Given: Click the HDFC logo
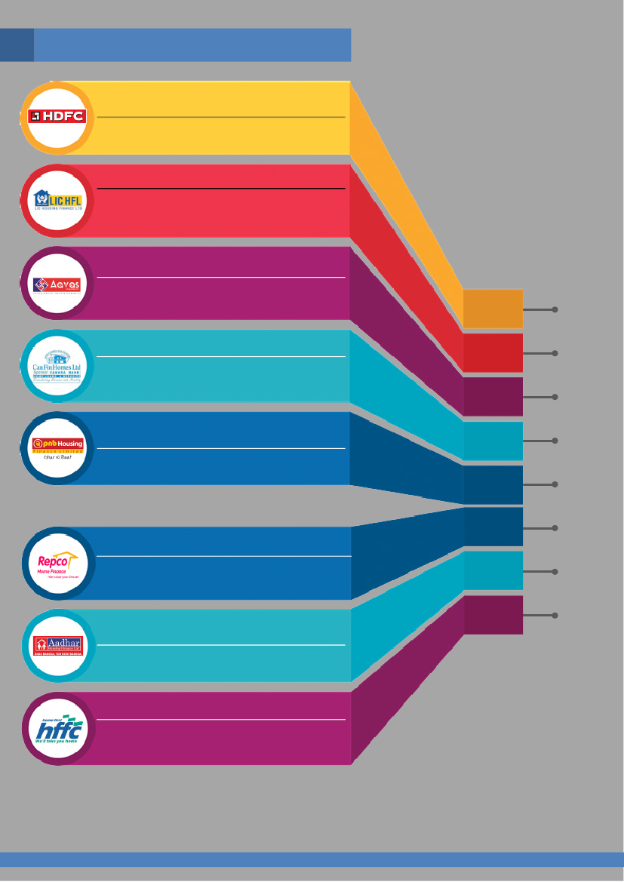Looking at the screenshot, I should [57, 116].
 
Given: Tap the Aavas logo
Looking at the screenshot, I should [57, 284].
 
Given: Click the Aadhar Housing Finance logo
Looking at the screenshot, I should [57, 647].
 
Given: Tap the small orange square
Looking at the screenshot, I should [493, 308].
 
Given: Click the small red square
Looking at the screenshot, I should [493, 352].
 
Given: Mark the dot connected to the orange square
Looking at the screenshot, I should [555, 309].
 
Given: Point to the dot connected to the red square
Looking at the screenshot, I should [555, 353].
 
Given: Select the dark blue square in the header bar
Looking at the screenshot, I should [17, 45].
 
